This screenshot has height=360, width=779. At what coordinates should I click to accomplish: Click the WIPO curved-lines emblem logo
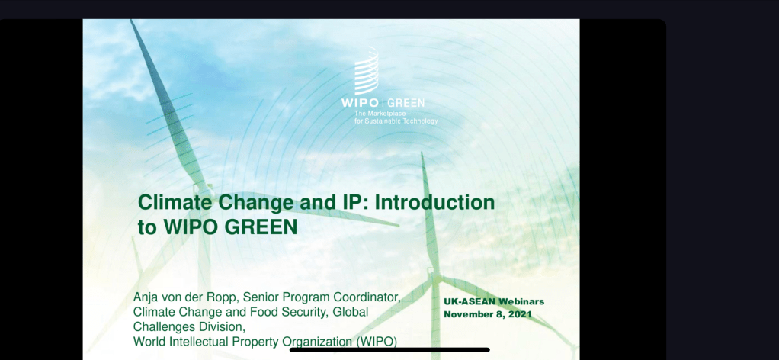click(367, 71)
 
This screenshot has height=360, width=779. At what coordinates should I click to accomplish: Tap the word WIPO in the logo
click(361, 104)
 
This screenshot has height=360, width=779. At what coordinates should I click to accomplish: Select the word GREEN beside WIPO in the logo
click(406, 104)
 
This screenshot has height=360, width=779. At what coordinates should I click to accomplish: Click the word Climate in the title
click(179, 202)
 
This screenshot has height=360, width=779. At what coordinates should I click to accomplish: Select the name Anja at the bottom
click(145, 298)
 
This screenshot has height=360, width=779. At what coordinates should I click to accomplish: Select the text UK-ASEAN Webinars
click(494, 302)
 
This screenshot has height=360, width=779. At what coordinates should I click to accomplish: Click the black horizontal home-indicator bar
click(389, 350)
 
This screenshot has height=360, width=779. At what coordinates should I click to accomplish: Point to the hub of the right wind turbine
click(435, 275)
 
